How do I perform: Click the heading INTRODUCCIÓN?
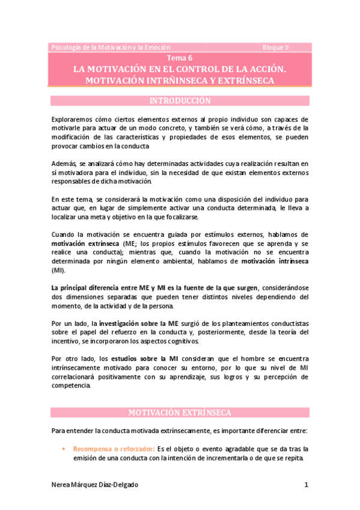tap(180, 101)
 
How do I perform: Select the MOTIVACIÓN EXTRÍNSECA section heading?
tap(180, 413)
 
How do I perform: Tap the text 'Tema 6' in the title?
tap(180, 58)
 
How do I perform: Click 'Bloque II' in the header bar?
tap(276, 47)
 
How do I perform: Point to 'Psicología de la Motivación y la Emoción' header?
tap(111, 47)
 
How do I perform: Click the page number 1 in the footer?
tap(306, 485)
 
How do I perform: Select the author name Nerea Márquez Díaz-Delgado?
tap(99, 485)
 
